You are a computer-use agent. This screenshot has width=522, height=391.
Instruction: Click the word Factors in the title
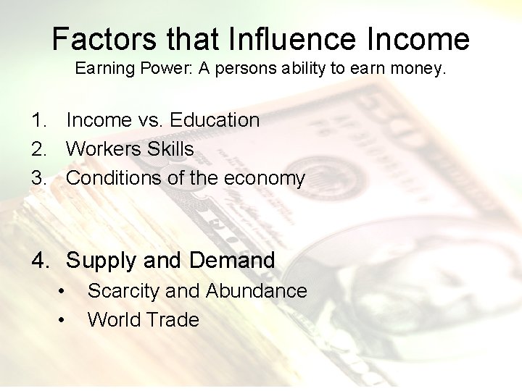click(94, 38)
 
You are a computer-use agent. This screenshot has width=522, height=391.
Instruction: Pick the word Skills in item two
click(170, 149)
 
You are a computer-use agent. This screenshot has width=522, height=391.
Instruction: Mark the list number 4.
click(39, 261)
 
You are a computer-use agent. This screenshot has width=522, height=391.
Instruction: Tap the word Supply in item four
click(101, 261)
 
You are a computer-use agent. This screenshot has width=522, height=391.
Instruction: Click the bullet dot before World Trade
click(63, 320)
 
